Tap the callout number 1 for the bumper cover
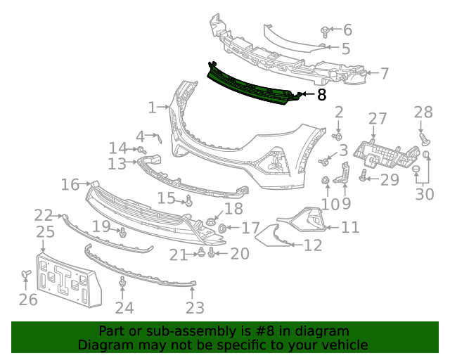[x=153, y=108]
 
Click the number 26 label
[x=27, y=300]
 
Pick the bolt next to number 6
[x=325, y=31]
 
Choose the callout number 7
[x=384, y=72]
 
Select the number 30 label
[x=424, y=193]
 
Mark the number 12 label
[x=313, y=245]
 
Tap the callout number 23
[x=195, y=307]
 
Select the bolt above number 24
[x=123, y=282]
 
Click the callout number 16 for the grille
[x=70, y=185]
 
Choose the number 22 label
[x=44, y=215]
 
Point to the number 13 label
[x=117, y=164]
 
